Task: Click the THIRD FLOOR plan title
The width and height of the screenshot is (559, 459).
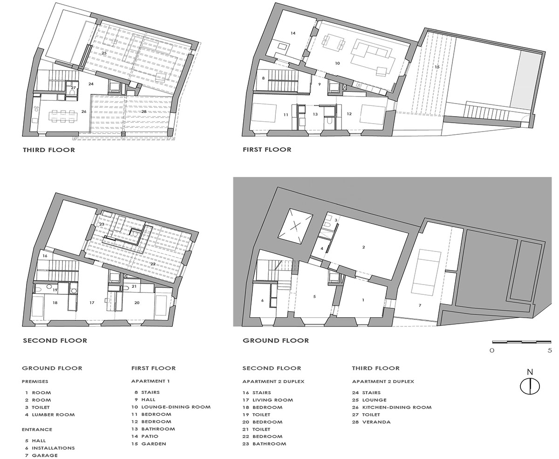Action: (x=49, y=150)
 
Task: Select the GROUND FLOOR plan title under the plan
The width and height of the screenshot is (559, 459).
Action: (x=276, y=341)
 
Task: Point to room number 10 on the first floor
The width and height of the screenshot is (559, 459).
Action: (x=337, y=63)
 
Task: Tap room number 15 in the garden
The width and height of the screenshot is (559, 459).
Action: (x=437, y=67)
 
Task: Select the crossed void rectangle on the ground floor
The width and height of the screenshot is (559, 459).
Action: (x=295, y=226)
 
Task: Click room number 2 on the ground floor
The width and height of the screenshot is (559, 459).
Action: (x=364, y=247)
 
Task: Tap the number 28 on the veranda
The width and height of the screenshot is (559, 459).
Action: (x=144, y=111)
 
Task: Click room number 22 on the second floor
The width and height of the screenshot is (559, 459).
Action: (x=153, y=264)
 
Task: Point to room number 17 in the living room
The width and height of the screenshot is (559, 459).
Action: (x=92, y=303)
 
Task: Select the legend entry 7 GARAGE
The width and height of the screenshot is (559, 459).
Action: (x=41, y=455)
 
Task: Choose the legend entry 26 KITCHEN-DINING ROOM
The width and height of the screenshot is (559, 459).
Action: (x=392, y=407)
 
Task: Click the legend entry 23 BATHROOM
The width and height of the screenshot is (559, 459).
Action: (x=264, y=444)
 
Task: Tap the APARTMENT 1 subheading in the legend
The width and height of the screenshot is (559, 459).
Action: (x=150, y=381)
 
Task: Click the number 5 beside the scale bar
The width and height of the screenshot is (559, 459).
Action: (x=550, y=350)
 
